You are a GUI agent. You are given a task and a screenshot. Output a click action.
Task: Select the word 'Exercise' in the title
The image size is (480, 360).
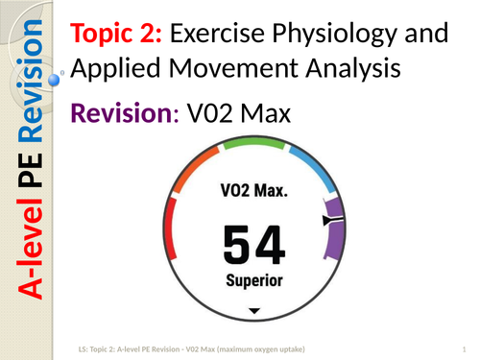[x=218, y=36]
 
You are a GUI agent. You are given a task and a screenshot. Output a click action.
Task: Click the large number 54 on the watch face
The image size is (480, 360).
[x=253, y=245]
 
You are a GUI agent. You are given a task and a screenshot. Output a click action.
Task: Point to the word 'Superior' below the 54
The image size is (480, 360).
[x=254, y=281]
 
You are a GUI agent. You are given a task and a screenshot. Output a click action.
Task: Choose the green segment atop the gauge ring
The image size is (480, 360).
[x=253, y=143]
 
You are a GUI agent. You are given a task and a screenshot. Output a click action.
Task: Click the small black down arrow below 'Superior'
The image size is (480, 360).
[x=254, y=311]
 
